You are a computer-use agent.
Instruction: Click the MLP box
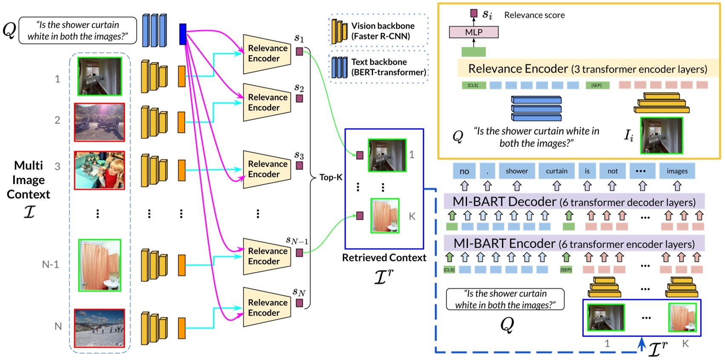click(x=474, y=32)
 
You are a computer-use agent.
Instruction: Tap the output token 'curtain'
click(x=557, y=171)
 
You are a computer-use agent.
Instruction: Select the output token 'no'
click(x=464, y=171)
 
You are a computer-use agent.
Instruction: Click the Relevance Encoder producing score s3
click(x=267, y=169)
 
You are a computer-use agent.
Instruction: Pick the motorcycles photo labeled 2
click(x=100, y=122)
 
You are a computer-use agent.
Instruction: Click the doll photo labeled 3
click(x=100, y=170)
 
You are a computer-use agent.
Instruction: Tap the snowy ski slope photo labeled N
click(x=100, y=328)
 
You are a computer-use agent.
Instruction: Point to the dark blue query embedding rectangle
click(x=183, y=34)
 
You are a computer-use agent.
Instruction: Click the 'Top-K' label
click(x=331, y=177)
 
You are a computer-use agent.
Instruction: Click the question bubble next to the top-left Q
click(x=78, y=31)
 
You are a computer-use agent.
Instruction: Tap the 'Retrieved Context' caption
click(x=384, y=258)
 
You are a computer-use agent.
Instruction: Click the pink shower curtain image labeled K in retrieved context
click(x=385, y=216)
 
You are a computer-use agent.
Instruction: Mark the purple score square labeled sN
click(x=300, y=303)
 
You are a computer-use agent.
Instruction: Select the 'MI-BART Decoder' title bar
click(x=574, y=202)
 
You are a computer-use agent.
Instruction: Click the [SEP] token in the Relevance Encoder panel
click(x=597, y=86)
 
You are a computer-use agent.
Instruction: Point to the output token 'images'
click(x=677, y=171)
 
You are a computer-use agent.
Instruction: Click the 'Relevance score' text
click(x=534, y=15)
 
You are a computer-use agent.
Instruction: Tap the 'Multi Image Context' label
click(x=29, y=180)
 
